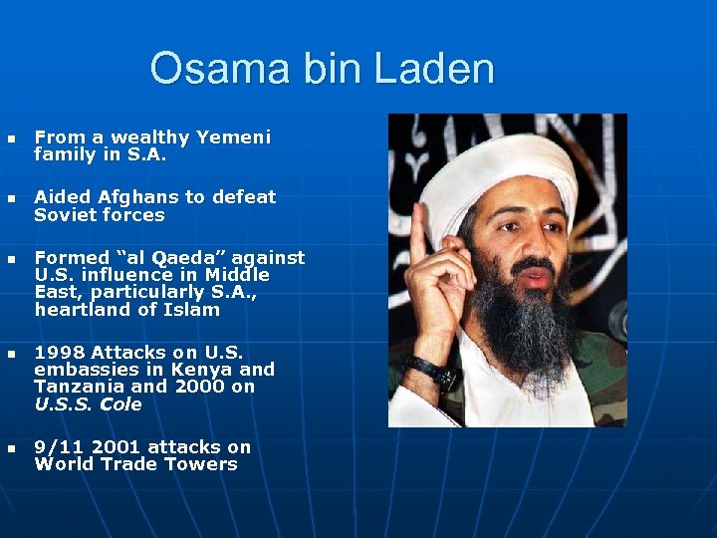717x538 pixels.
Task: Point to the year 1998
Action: click(x=60, y=353)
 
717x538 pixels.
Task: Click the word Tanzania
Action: click(x=80, y=387)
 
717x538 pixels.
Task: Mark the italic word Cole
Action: click(x=120, y=404)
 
